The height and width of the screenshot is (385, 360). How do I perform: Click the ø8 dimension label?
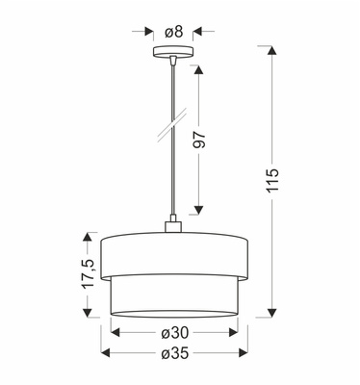[x=173, y=32]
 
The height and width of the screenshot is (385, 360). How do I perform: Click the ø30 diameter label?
[x=174, y=332]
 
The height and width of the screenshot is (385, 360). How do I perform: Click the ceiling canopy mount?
[x=174, y=51]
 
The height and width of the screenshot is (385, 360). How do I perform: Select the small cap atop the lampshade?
[x=174, y=227]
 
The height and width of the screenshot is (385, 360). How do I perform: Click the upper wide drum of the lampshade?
[x=174, y=253]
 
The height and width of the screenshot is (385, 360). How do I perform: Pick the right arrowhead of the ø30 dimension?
[x=236, y=332]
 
